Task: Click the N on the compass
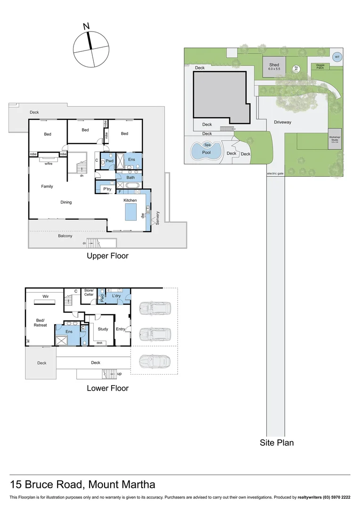[86, 27]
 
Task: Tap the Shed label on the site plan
[274, 65]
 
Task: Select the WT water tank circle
[336, 57]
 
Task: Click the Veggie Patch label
[320, 66]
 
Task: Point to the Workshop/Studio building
[335, 139]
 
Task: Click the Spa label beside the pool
[207, 145]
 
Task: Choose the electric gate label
[275, 173]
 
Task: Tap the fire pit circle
[296, 68]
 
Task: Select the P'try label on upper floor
[107, 189]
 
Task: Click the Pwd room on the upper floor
[109, 160]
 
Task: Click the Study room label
[103, 329]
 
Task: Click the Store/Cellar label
[89, 292]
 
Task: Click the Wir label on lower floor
[46, 296]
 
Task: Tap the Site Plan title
[277, 443]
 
